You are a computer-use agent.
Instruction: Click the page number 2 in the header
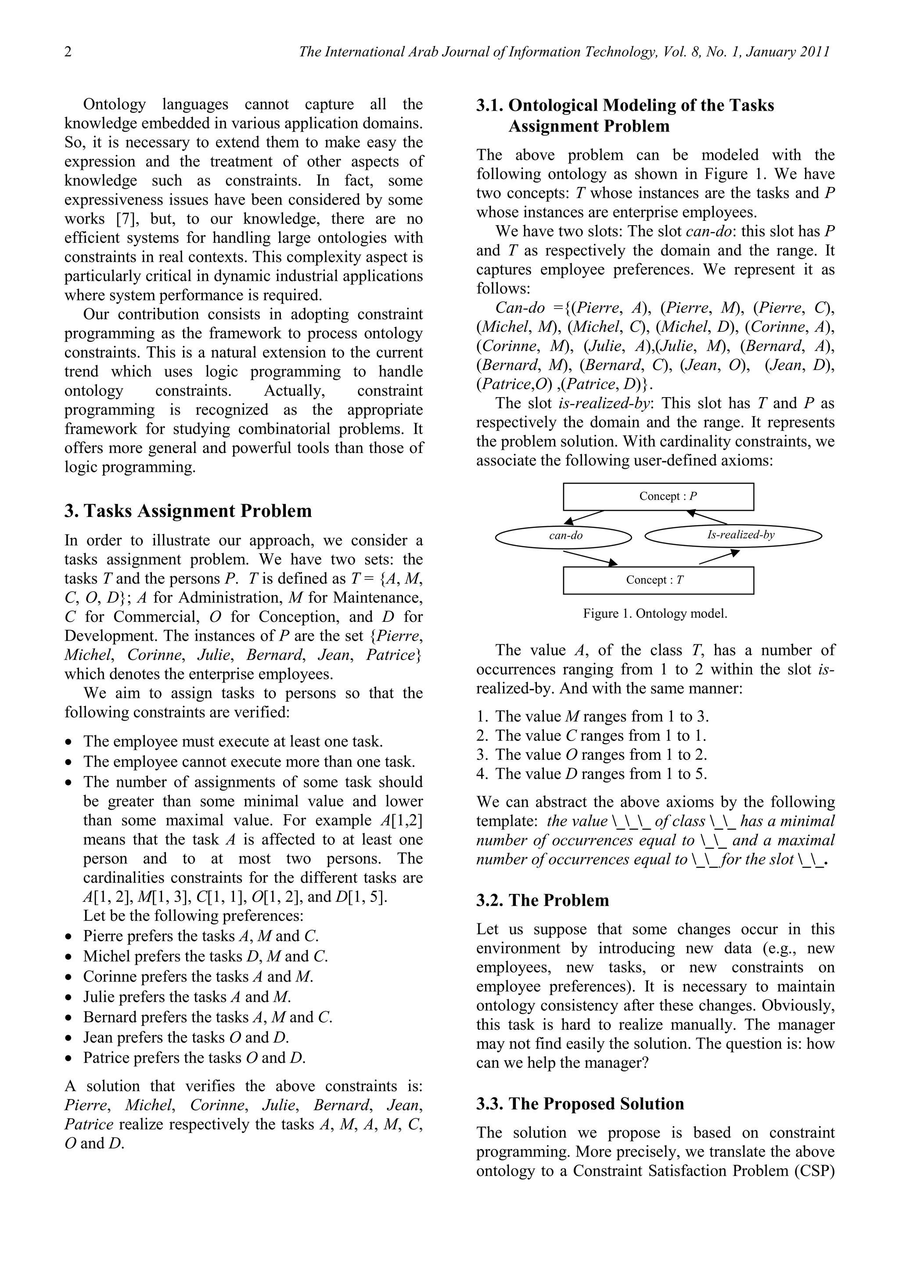coord(68,52)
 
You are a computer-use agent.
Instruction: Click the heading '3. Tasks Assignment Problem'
coord(188,510)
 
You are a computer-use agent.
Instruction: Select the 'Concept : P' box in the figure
coord(658,496)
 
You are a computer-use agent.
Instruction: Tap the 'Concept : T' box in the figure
coord(658,580)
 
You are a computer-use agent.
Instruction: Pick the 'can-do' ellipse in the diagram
coord(564,536)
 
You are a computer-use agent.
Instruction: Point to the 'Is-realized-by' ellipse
coord(734,535)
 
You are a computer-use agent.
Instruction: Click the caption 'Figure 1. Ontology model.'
coord(655,614)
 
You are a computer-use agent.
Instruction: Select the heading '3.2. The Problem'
coord(543,900)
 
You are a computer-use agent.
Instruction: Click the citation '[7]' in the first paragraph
coord(128,219)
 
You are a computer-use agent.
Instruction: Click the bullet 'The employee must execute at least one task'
coord(233,741)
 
